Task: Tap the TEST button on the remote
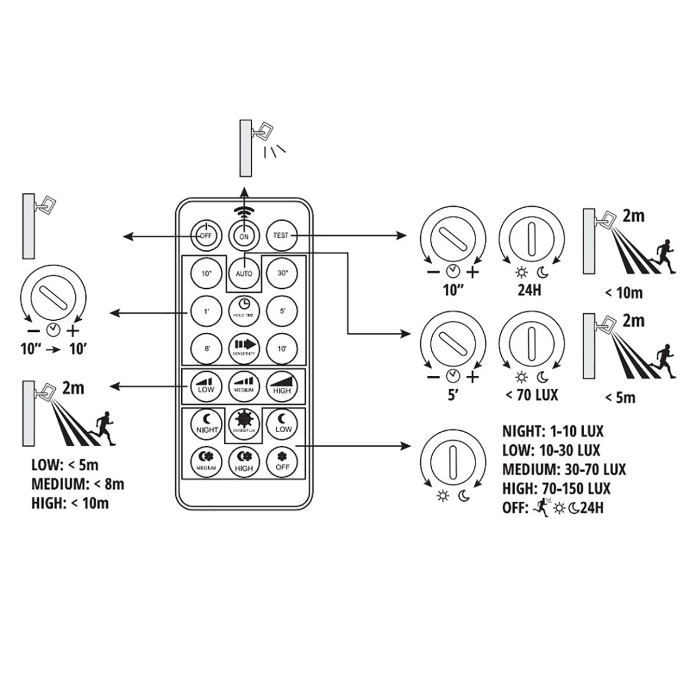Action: tap(281, 235)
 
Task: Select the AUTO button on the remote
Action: tap(244, 273)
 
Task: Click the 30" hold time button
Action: tap(281, 273)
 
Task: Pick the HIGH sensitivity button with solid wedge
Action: tap(281, 385)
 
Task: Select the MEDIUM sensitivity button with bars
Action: tap(244, 385)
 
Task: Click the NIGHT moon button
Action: tap(206, 423)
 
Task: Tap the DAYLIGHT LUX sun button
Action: tap(244, 423)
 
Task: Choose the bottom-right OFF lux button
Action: tap(281, 462)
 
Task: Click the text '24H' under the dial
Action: tap(529, 289)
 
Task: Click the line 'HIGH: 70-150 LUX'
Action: tap(556, 488)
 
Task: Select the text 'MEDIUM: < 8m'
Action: tap(78, 483)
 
